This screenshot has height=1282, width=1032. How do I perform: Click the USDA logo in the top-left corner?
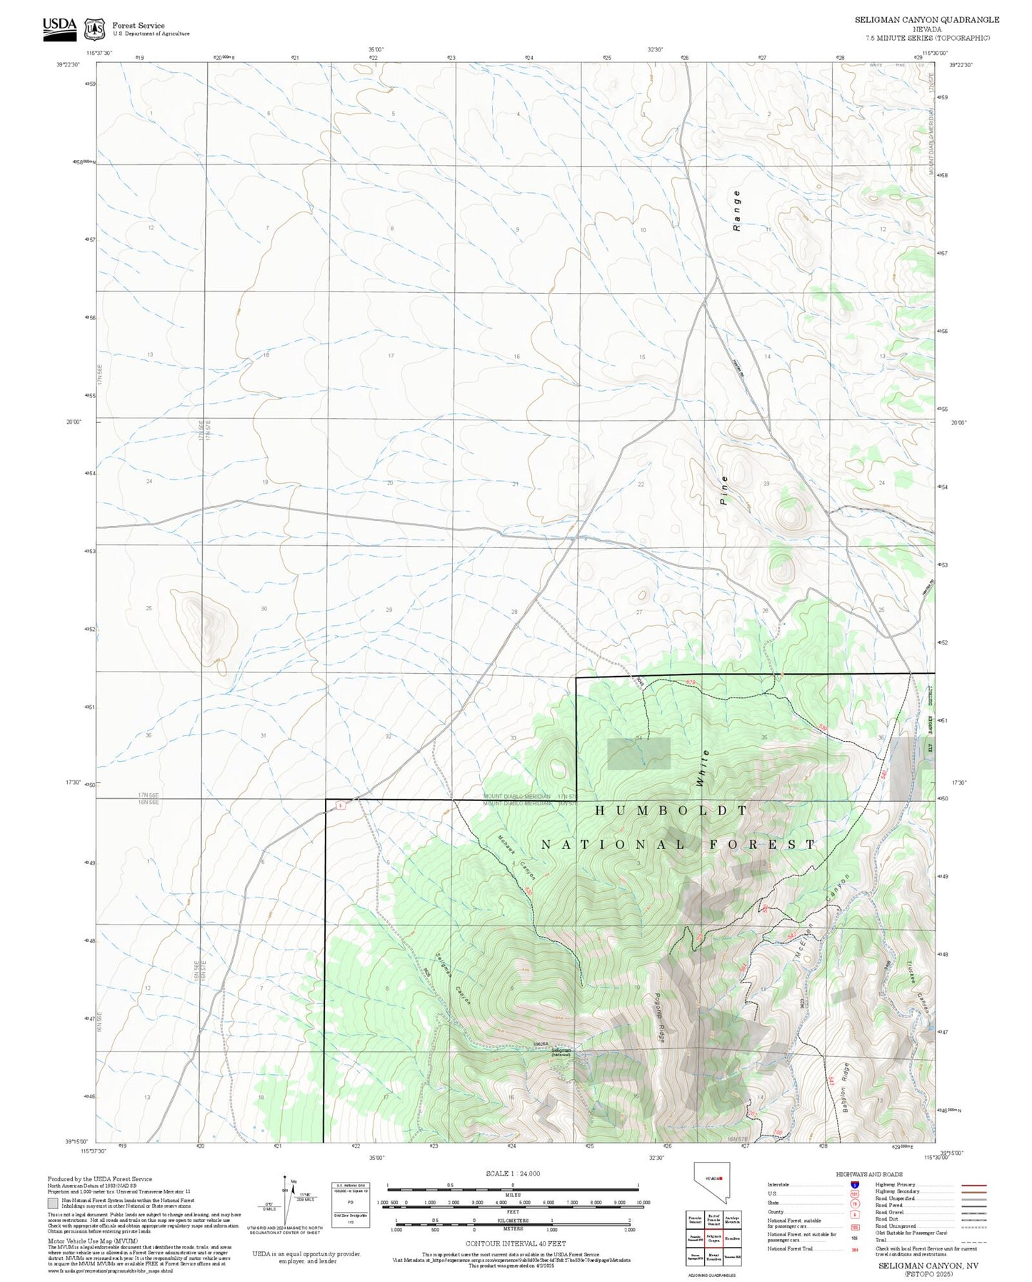click(x=59, y=27)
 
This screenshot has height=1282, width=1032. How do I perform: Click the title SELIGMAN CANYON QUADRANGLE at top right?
click(x=927, y=20)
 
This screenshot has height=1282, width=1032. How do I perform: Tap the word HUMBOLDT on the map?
click(x=671, y=810)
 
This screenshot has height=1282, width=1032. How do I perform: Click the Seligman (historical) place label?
click(x=561, y=1052)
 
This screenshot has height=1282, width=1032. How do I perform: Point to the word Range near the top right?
click(x=737, y=211)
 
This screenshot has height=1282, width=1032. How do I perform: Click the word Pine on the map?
click(x=724, y=490)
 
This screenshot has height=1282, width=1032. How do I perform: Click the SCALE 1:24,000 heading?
click(x=512, y=1173)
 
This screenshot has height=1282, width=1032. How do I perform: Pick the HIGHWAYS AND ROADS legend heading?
click(x=868, y=1174)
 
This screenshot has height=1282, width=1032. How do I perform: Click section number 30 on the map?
click(x=264, y=609)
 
